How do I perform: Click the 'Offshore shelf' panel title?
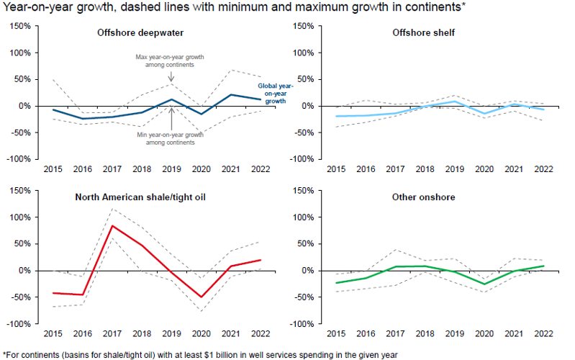pyautogui.click(x=424, y=33)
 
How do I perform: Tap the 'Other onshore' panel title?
pyautogui.click(x=423, y=197)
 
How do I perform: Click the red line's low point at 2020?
pyautogui.click(x=202, y=297)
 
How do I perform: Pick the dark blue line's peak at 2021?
pyautogui.click(x=231, y=94)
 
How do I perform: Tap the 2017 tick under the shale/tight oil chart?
pyautogui.click(x=113, y=335)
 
